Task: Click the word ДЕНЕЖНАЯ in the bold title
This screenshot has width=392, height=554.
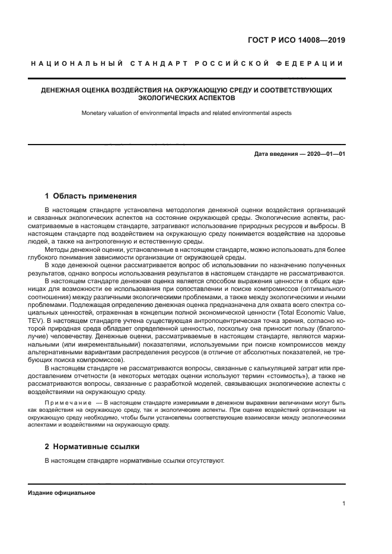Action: [59, 90]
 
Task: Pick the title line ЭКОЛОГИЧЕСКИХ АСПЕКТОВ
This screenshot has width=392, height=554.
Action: [186, 98]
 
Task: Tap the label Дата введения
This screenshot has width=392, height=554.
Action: [275, 154]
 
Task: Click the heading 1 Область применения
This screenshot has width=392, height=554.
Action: [91, 196]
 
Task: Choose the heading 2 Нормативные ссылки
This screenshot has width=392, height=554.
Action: [93, 446]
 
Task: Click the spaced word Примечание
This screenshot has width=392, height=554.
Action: [67, 402]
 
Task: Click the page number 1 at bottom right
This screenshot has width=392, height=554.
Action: [344, 504]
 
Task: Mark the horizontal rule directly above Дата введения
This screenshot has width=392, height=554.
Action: [186, 143]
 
